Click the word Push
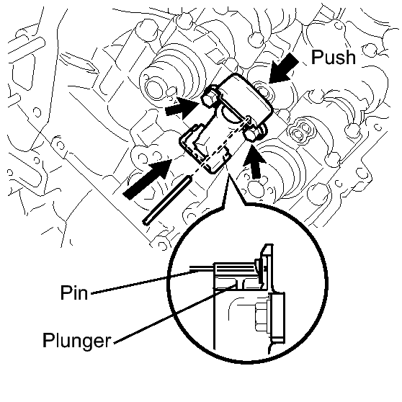click(334, 57)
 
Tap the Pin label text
click(74, 292)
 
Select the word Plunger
click(76, 341)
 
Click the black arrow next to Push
click(283, 68)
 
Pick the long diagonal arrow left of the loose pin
click(147, 179)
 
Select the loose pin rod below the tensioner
click(166, 200)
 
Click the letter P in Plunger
click(48, 340)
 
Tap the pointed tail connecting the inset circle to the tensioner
click(232, 189)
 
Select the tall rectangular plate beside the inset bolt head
click(278, 318)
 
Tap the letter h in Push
click(348, 57)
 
